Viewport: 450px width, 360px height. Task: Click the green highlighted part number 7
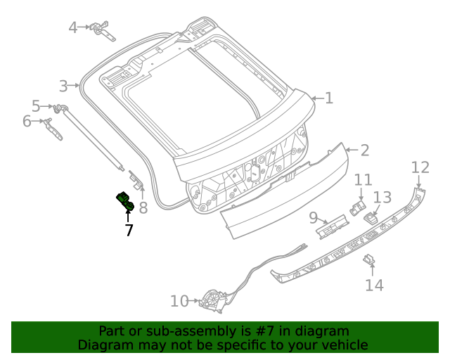click(x=125, y=201)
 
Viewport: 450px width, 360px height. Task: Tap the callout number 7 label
click(x=129, y=230)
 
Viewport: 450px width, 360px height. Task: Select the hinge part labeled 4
click(x=103, y=29)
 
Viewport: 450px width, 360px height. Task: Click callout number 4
click(x=73, y=28)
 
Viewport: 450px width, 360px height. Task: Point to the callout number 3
click(x=63, y=86)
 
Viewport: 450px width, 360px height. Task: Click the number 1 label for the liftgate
click(x=328, y=98)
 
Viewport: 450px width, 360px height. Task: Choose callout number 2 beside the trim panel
click(x=364, y=150)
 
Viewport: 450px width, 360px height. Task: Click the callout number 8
click(x=143, y=207)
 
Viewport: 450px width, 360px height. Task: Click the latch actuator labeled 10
click(x=210, y=302)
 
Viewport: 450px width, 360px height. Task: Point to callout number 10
click(x=179, y=302)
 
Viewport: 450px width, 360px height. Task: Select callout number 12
click(x=420, y=167)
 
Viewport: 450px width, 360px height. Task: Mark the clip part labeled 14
click(x=368, y=260)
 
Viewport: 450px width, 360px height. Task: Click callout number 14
click(x=374, y=285)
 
